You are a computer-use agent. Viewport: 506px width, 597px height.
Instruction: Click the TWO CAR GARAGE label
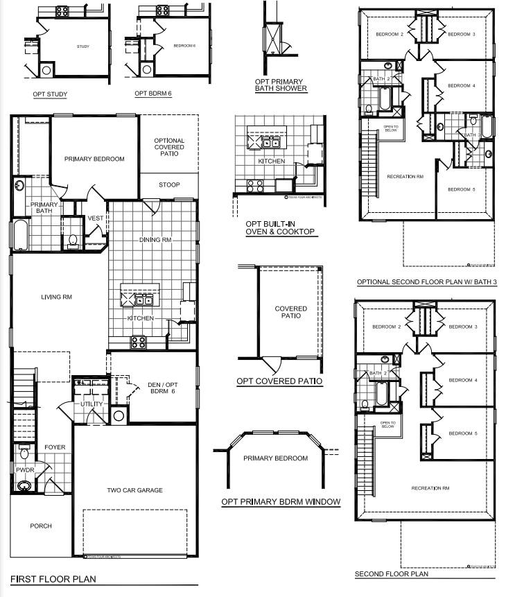pyautogui.click(x=134, y=490)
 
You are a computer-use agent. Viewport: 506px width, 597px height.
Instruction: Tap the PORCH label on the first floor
pyautogui.click(x=41, y=526)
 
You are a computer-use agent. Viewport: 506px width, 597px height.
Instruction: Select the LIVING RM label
pyautogui.click(x=57, y=297)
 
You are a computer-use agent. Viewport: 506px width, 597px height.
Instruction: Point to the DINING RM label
pyautogui.click(x=155, y=240)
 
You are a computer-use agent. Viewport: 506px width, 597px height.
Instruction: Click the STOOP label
pyautogui.click(x=169, y=185)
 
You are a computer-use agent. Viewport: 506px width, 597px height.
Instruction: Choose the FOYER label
pyautogui.click(x=55, y=447)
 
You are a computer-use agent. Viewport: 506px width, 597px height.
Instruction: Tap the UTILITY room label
pyautogui.click(x=91, y=404)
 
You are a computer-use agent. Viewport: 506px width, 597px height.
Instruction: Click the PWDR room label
pyautogui.click(x=25, y=469)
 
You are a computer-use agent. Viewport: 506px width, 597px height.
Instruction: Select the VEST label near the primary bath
pyautogui.click(x=95, y=219)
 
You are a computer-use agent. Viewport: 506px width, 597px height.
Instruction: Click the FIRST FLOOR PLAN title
pyautogui.click(x=53, y=578)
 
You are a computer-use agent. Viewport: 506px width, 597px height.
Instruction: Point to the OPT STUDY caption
pyautogui.click(x=49, y=94)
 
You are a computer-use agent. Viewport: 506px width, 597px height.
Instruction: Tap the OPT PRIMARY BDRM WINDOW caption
pyautogui.click(x=281, y=501)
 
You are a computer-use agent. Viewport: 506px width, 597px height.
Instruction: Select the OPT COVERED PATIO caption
pyautogui.click(x=279, y=381)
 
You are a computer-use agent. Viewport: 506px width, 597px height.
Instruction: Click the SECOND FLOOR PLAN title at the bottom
pyautogui.click(x=391, y=574)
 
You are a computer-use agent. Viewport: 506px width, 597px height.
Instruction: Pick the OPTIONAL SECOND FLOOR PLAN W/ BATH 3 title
pyautogui.click(x=427, y=282)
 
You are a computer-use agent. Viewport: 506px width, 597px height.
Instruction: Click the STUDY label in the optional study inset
pyautogui.click(x=82, y=46)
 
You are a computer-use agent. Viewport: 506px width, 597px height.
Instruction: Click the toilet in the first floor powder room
pyautogui.click(x=24, y=454)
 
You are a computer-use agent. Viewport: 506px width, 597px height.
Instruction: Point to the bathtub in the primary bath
pyautogui.click(x=19, y=235)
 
